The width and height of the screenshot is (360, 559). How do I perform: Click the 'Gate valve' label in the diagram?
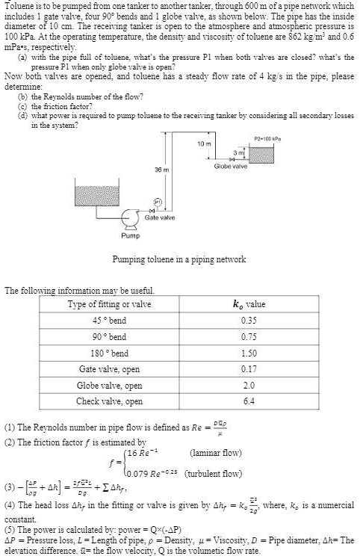[x=161, y=217]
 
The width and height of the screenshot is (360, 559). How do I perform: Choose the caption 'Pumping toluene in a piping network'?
[x=179, y=259]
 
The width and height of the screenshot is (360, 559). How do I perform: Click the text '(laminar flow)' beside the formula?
[x=216, y=453]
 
